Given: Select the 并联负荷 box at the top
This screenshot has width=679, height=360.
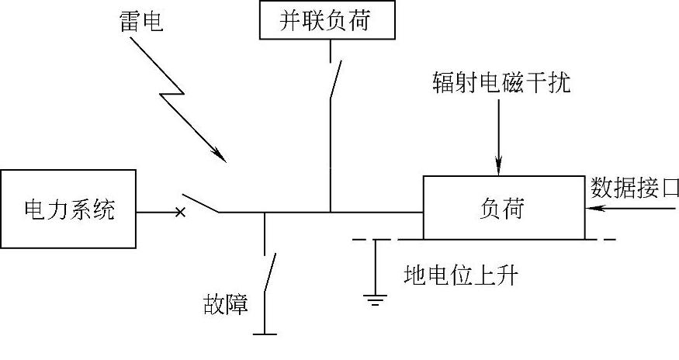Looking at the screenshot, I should click(325, 21).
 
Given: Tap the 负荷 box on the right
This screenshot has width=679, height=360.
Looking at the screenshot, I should click(502, 208).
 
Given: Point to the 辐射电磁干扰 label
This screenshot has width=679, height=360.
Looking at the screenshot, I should click(501, 82).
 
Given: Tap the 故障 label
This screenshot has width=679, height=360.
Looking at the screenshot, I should click(223, 305).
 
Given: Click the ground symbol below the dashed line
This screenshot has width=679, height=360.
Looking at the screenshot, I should click(376, 299).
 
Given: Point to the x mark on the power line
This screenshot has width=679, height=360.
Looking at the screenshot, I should click(180, 210).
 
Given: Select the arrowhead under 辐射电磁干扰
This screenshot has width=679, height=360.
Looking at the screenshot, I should click(500, 166).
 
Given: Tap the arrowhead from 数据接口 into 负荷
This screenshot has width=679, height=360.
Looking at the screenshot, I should click(591, 209).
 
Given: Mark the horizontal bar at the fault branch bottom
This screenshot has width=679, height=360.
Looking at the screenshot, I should click(265, 334).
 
